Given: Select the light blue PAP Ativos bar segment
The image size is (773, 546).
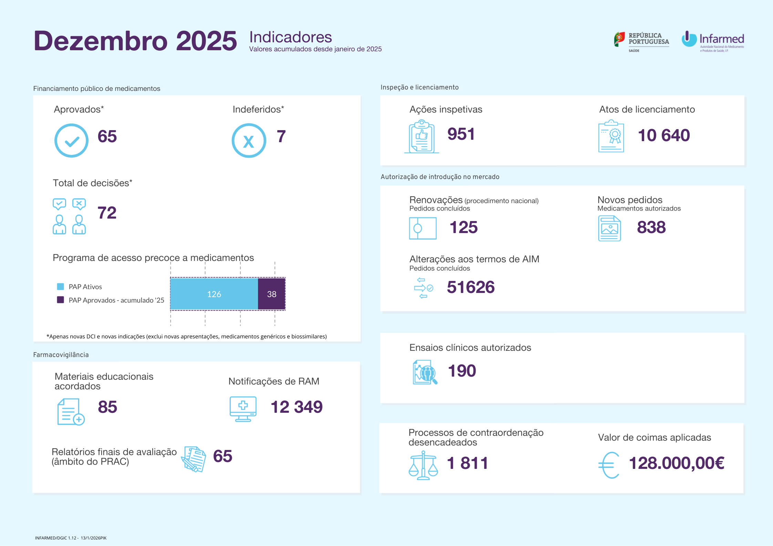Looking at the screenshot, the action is point(214,294).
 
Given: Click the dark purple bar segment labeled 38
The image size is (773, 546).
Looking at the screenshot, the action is point(271,294).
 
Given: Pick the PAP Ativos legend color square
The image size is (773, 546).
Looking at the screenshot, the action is point(60,286).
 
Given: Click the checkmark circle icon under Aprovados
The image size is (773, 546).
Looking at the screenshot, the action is point(71,140).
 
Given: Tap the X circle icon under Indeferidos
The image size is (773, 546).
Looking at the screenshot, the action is point(249,140).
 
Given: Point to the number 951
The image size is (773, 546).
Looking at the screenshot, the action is point(461,134).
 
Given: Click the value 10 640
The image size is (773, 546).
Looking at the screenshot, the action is point(664,135).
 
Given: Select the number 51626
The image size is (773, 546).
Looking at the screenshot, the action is point(471,287).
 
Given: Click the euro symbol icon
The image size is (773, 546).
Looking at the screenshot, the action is point(609,465).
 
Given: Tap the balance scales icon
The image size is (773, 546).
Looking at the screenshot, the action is point(423,465).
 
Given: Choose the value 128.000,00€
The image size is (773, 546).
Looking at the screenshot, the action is point(677,463).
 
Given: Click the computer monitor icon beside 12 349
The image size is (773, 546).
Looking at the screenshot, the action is point(243,409).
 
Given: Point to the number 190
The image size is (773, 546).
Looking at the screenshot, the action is point(462,371).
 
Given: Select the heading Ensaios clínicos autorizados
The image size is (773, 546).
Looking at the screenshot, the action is point(470,348).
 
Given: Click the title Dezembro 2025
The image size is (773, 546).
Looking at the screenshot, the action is point(135,41).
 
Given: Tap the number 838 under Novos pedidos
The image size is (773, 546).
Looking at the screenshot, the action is point(651,227).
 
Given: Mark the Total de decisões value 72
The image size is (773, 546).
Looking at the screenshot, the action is point(107,213).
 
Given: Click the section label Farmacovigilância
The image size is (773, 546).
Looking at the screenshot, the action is point(61,355).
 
